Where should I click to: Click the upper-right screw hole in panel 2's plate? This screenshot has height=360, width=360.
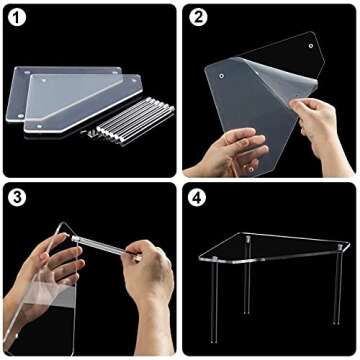click(310, 46)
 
